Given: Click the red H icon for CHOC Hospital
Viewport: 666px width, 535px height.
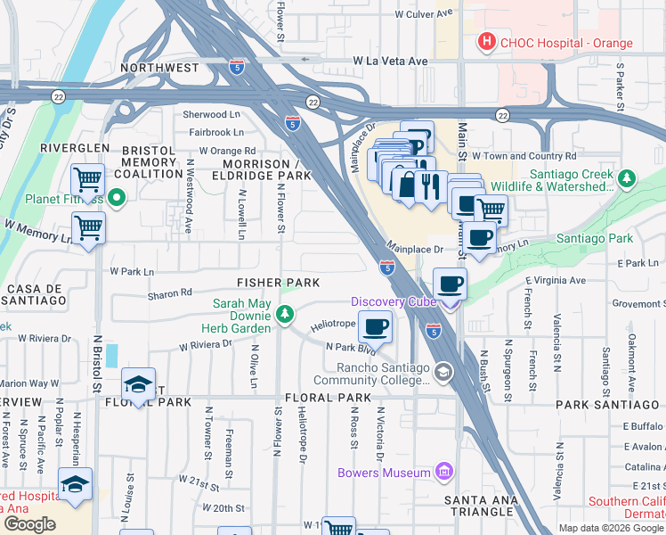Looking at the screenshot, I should (487, 41).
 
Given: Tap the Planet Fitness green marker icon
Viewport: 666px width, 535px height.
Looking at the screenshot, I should (117, 198).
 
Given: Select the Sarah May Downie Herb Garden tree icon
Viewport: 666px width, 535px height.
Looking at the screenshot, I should (284, 313).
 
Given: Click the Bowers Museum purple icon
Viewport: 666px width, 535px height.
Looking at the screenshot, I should (443, 471).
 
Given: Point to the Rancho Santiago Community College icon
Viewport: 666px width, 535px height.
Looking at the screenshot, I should (443, 371).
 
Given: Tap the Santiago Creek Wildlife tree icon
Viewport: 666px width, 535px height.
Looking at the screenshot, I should (627, 178).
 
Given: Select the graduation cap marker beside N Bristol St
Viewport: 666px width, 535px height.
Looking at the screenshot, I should (138, 384).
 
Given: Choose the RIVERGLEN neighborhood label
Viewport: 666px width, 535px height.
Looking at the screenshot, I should (74, 148).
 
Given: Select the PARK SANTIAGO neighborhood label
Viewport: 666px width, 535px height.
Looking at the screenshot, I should (610, 404).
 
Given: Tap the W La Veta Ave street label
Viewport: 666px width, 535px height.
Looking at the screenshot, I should (390, 61).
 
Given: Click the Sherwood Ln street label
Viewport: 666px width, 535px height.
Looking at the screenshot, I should (212, 115).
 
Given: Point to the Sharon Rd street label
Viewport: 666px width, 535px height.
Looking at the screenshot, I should (169, 292).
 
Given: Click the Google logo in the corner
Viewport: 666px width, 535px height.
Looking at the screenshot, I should (30, 524).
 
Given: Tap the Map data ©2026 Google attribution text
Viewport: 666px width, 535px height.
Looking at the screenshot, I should (610, 528).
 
